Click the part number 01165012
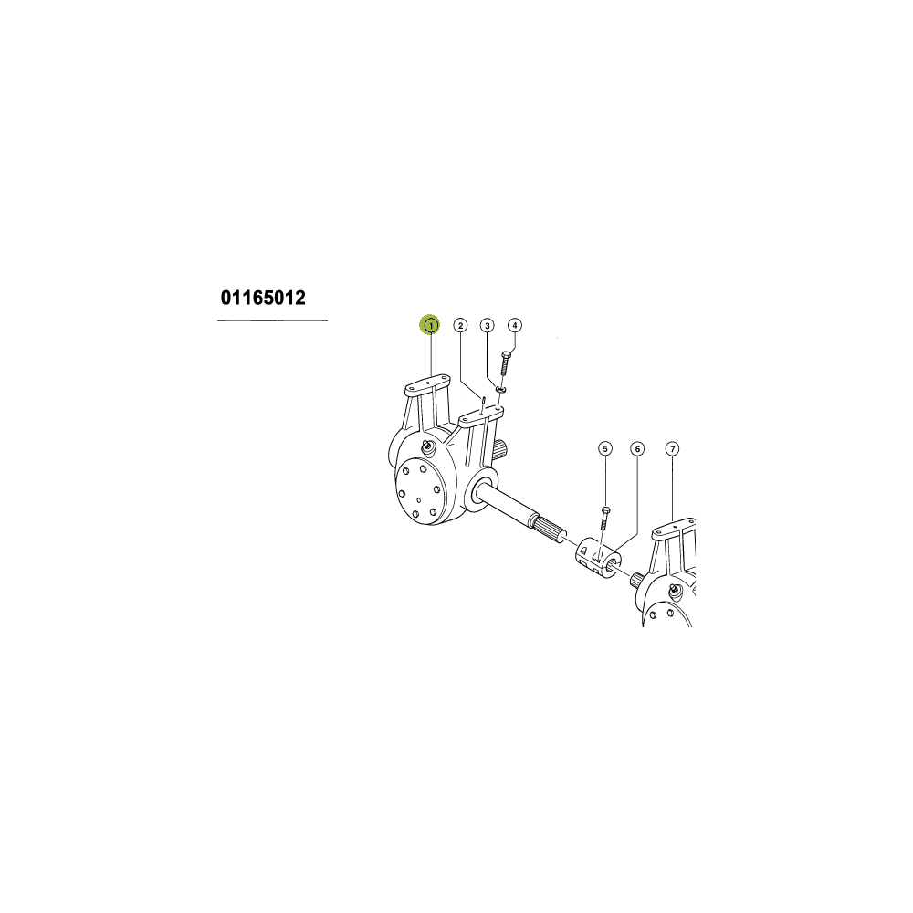[263, 298]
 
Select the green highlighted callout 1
[430, 325]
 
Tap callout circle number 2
[460, 325]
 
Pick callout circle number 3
[488, 325]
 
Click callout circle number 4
[515, 325]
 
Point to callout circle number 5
[605, 448]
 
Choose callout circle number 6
[637, 448]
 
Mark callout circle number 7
[673, 448]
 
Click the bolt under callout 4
[506, 362]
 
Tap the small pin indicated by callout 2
[483, 404]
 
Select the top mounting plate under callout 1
[427, 385]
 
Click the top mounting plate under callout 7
[675, 528]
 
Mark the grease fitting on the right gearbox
[675, 590]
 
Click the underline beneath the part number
[272, 320]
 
